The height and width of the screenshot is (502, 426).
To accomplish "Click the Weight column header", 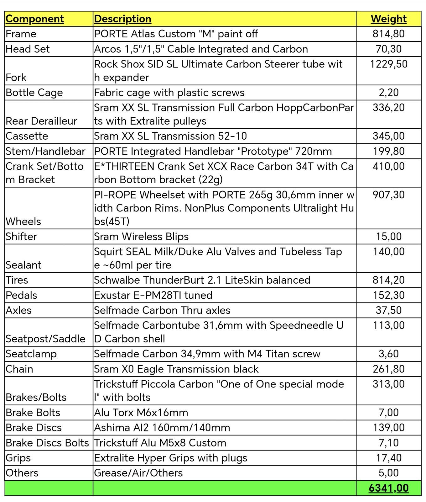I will [x=388, y=19].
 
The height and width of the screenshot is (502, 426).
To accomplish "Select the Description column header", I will [x=122, y=19].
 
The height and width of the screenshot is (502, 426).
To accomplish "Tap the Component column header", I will [x=35, y=19].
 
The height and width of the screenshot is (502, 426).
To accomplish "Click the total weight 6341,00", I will [x=388, y=488].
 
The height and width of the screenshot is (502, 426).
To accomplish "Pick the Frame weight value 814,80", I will [x=388, y=34].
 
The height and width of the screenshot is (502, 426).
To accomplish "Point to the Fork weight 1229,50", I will [x=388, y=64].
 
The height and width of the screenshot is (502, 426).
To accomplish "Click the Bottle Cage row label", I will [x=34, y=93].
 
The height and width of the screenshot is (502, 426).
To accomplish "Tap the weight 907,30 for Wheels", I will [x=388, y=195].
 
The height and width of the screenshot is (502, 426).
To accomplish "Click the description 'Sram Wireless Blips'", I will [x=141, y=236].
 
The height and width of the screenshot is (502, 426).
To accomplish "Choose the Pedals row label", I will [x=21, y=295].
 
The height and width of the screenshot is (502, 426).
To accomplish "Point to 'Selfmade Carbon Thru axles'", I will [x=162, y=310].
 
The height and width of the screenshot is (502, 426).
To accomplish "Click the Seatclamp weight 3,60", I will [x=388, y=354].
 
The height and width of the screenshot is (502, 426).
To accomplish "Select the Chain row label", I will [x=19, y=369].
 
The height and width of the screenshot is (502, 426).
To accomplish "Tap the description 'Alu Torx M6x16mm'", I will [x=141, y=412].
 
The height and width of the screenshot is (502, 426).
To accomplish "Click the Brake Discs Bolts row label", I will [x=47, y=443].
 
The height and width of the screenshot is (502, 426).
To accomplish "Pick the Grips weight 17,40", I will [x=388, y=458].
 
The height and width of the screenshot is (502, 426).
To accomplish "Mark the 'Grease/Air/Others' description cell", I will [x=138, y=473].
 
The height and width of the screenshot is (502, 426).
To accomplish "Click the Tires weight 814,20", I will [x=388, y=280].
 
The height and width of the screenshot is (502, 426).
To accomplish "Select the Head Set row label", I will [x=28, y=49].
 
